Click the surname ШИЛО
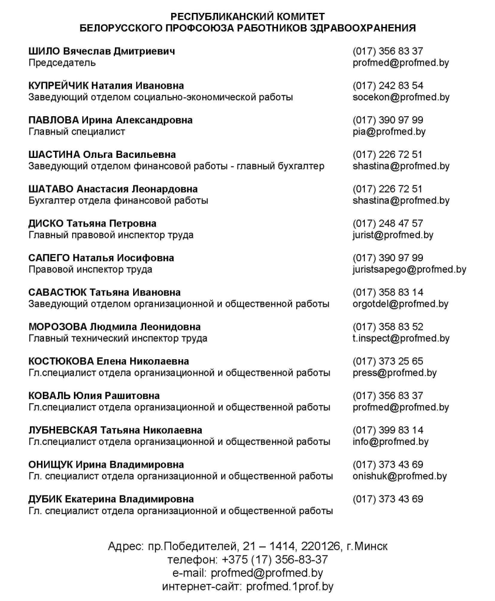pyautogui.click(x=43, y=52)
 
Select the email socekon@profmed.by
pyautogui.click(x=401, y=97)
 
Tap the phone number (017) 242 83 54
pyautogui.click(x=388, y=86)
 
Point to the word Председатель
pyautogui.click(x=62, y=63)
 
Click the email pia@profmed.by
pyautogui.click(x=389, y=132)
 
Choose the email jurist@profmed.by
pyautogui.click(x=393, y=235)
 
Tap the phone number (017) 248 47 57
pyautogui.click(x=388, y=224)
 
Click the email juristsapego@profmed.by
pyautogui.click(x=409, y=270)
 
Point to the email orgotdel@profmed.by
pyautogui.click(x=401, y=304)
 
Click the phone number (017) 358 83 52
pyautogui.click(x=388, y=327)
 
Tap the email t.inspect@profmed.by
pyautogui.click(x=401, y=339)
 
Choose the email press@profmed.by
pyautogui.click(x=395, y=373)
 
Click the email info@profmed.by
pyautogui.click(x=391, y=442)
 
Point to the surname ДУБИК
pyautogui.click(x=45, y=499)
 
